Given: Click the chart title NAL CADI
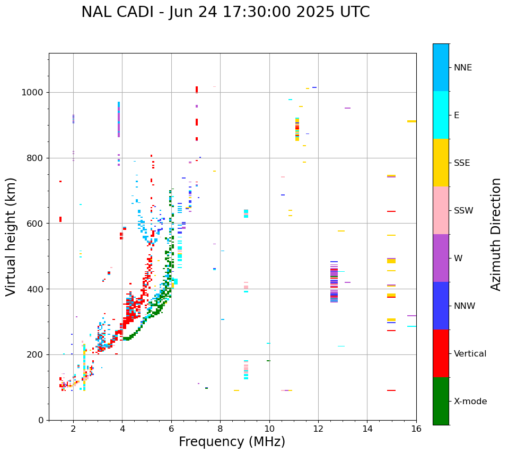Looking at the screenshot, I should pyautogui.click(x=225, y=12).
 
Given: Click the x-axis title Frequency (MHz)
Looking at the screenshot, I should pyautogui.click(x=232, y=442).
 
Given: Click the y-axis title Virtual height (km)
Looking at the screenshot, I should pyautogui.click(x=11, y=237).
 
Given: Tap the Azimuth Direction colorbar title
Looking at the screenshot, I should pyautogui.click(x=496, y=234).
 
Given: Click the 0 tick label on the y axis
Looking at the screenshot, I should pyautogui.click(x=40, y=420).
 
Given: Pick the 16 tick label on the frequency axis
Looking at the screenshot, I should pyautogui.click(x=416, y=429).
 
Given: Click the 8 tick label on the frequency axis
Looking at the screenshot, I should pyautogui.click(x=220, y=429).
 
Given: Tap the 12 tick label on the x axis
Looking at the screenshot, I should pyautogui.click(x=318, y=429).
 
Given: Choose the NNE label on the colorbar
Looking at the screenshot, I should pyautogui.click(x=462, y=68).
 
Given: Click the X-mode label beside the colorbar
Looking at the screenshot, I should pyautogui.click(x=470, y=402).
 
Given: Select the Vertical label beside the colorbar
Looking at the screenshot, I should pyautogui.click(x=470, y=354).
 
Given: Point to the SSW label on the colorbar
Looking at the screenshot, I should pyautogui.click(x=463, y=211).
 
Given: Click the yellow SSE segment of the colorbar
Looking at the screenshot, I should pyautogui.click(x=441, y=163).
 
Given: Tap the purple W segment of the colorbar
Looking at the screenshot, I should pyautogui.click(x=441, y=258).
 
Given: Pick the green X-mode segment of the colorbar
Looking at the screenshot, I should pyautogui.click(x=441, y=401).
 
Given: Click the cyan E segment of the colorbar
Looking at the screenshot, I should pyautogui.click(x=441, y=115).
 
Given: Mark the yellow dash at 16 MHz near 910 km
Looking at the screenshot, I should pyautogui.click(x=411, y=121).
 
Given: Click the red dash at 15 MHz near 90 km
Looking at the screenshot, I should pyautogui.click(x=391, y=390).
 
